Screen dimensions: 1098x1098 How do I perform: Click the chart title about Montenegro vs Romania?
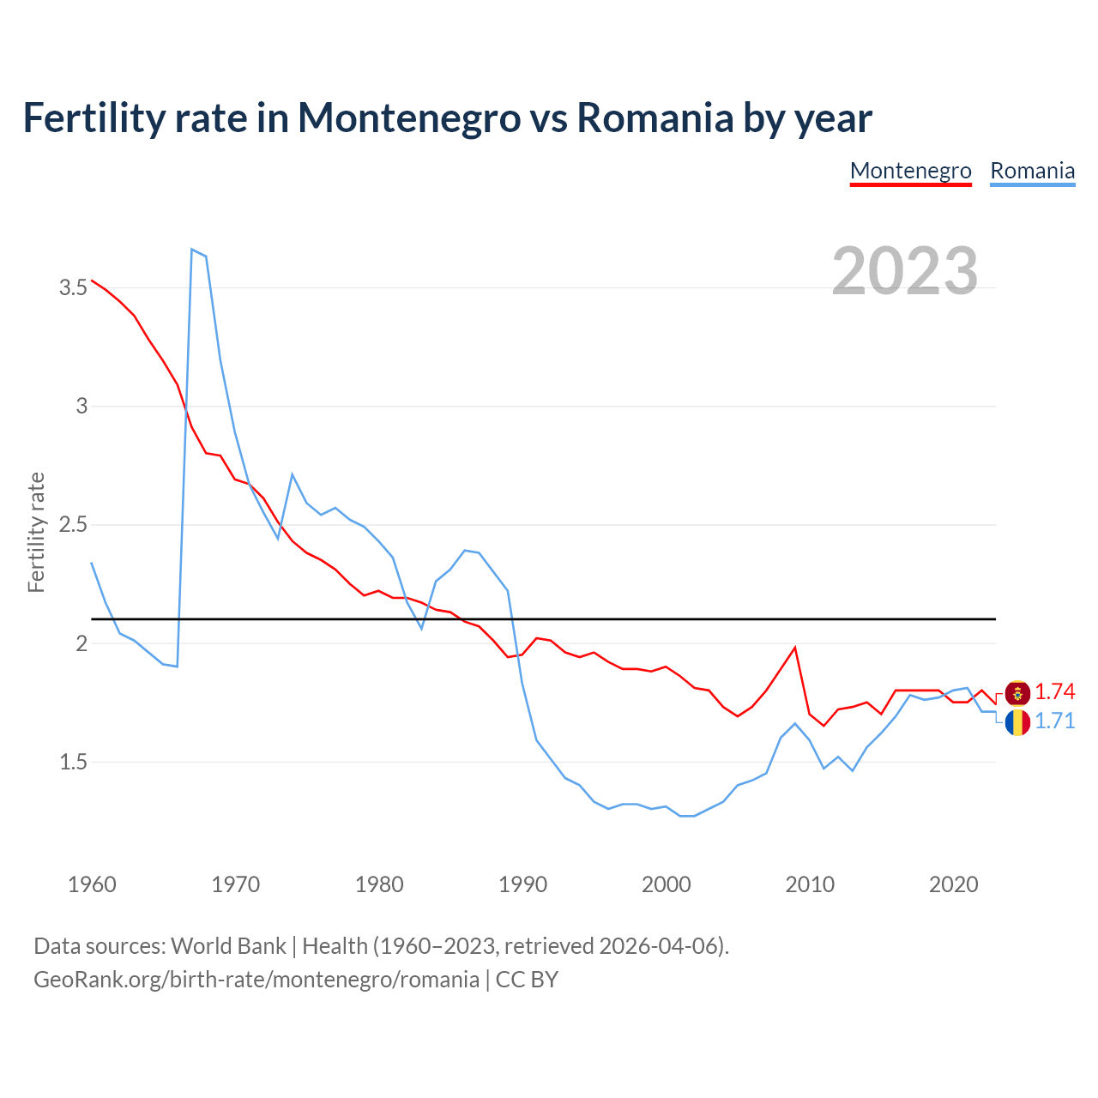click(x=447, y=118)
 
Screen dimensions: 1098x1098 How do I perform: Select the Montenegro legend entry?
click(x=910, y=171)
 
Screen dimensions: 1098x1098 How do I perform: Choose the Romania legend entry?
click(x=1032, y=171)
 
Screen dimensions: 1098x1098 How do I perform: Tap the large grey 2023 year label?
click(x=905, y=271)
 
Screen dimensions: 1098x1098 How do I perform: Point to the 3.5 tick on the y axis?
click(x=73, y=288)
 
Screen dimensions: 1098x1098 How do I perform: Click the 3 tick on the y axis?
click(x=82, y=407)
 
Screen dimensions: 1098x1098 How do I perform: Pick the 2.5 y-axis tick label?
click(x=73, y=525)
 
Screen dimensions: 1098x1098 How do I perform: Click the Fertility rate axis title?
click(x=36, y=532)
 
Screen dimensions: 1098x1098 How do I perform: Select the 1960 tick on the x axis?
click(x=92, y=884)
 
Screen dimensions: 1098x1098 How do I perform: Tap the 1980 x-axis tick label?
click(x=379, y=884)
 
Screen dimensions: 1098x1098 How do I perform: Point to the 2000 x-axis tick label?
click(x=666, y=884)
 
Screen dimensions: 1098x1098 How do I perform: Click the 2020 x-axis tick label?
click(x=953, y=884)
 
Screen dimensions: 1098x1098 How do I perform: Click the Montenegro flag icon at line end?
click(x=1017, y=693)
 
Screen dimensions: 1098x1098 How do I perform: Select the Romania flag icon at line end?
click(x=1017, y=722)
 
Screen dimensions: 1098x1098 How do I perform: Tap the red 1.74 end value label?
click(x=1055, y=692)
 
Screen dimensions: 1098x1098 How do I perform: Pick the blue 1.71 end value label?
click(x=1055, y=721)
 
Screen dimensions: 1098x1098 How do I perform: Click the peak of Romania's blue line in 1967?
click(x=192, y=250)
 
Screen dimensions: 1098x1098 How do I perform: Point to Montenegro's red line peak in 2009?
click(x=795, y=648)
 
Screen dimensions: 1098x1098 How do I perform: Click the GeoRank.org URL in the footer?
click(x=256, y=980)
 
